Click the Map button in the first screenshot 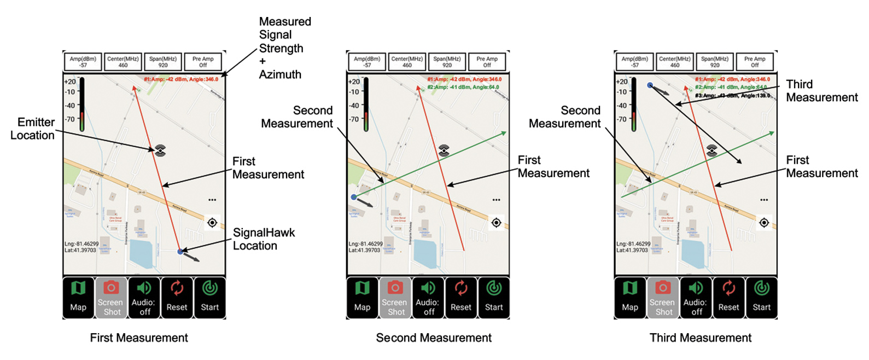point(78,298)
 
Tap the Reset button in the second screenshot point(461,298)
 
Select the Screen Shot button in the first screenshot point(111,298)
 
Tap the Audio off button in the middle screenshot point(428,298)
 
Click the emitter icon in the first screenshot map point(160,150)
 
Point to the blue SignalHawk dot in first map point(180,251)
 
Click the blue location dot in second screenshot point(354,197)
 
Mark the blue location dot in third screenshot point(650,85)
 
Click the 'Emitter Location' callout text point(33,129)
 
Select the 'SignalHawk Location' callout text point(264,239)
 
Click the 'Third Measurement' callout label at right point(821,91)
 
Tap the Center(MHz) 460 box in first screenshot point(123,62)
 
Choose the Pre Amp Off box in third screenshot point(755,62)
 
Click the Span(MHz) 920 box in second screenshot point(447,62)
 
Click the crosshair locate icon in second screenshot point(496,223)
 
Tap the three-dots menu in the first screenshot point(212,200)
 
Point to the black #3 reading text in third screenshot point(732,96)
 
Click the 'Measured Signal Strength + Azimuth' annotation point(284,48)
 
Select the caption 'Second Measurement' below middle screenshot point(434,338)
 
